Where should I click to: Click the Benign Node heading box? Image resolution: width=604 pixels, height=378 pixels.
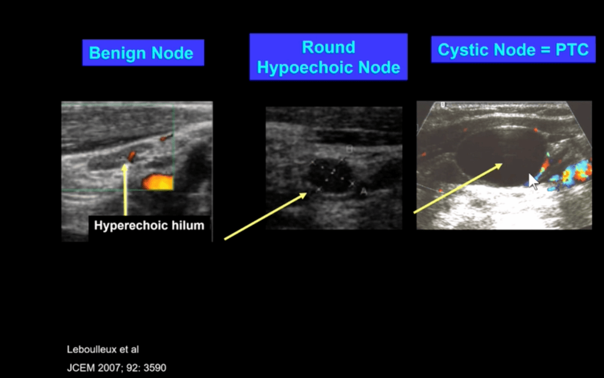[143, 52]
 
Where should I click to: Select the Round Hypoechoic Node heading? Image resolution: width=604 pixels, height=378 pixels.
[329, 57]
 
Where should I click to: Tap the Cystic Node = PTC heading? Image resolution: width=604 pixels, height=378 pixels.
[513, 50]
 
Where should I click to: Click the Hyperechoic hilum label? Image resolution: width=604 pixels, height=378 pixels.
[149, 225]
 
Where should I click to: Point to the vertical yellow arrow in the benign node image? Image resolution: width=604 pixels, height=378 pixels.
[125, 189]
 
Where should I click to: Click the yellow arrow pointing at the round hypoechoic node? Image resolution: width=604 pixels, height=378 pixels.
[265, 216]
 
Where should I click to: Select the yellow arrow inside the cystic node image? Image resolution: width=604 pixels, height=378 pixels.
[458, 188]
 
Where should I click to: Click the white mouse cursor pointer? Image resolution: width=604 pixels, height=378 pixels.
[533, 182]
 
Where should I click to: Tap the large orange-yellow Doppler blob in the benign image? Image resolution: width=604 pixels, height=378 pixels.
[157, 182]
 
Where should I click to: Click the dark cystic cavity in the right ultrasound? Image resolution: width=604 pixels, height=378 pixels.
[501, 156]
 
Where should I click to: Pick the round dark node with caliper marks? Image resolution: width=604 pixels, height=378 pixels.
[330, 175]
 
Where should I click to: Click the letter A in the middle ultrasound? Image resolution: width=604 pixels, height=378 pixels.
[363, 190]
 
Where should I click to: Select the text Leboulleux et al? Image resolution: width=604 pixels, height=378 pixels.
[103, 350]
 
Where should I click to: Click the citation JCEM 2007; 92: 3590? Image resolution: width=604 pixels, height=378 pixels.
[117, 368]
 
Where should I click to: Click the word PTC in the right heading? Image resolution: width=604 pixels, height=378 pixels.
[572, 50]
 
